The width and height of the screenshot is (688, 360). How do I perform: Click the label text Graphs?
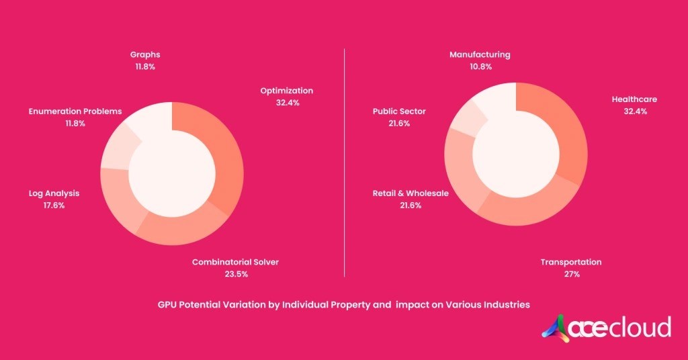[145, 54]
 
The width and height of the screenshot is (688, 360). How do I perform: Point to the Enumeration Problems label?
[75, 111]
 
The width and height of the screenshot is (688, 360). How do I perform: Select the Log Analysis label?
[54, 193]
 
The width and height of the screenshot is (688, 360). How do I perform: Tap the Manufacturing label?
[480, 54]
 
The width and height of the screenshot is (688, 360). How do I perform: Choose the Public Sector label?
[399, 111]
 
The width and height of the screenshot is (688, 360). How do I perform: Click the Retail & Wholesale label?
[411, 193]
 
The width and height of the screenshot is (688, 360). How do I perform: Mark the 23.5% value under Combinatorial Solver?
[235, 274]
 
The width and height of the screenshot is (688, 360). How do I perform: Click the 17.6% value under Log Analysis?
[54, 206]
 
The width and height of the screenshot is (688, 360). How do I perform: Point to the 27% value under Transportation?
[571, 274]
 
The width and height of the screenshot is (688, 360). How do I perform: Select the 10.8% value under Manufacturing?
[480, 66]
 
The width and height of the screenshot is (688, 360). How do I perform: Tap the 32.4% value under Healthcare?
[634, 111]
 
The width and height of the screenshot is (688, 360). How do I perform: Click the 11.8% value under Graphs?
[145, 66]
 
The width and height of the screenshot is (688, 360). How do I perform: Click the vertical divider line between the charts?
[344, 161]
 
